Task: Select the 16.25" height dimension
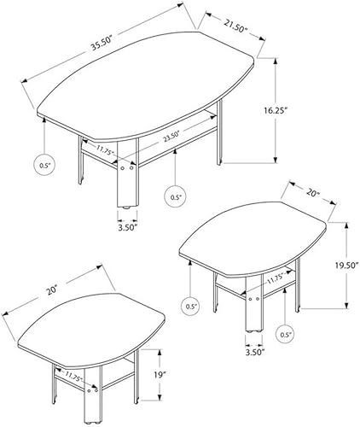tap(301, 111)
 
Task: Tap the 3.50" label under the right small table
tap(254, 350)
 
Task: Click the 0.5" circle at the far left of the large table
tap(44, 166)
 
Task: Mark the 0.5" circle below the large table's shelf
tap(175, 197)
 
